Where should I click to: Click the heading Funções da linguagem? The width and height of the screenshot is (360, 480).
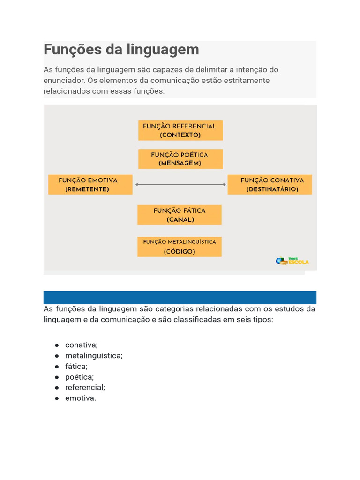[x=121, y=49]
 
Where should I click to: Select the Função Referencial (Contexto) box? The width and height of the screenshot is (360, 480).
[x=180, y=130]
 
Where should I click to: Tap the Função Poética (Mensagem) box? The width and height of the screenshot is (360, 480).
[x=180, y=159]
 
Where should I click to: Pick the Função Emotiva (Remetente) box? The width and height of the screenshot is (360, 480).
[x=90, y=185]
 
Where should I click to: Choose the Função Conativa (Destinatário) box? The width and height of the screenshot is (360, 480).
[x=270, y=185]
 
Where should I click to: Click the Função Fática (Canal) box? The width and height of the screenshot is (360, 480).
[x=180, y=215]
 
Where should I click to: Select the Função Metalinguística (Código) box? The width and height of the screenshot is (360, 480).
[x=180, y=247]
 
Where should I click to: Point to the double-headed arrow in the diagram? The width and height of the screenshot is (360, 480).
[x=180, y=185]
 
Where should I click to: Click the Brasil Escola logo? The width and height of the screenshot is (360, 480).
[x=292, y=261]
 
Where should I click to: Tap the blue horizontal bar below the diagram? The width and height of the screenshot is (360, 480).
[x=180, y=297]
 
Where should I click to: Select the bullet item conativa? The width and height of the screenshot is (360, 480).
[x=82, y=345]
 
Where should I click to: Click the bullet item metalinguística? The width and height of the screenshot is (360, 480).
[x=94, y=356]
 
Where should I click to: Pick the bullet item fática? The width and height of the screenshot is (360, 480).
[x=76, y=366]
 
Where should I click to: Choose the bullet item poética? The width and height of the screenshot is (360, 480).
[x=79, y=377]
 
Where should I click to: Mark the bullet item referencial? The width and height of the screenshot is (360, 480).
[x=85, y=387]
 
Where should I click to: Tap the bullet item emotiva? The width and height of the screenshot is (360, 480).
[x=81, y=398]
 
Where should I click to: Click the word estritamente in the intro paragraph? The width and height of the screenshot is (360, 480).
[x=246, y=80]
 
